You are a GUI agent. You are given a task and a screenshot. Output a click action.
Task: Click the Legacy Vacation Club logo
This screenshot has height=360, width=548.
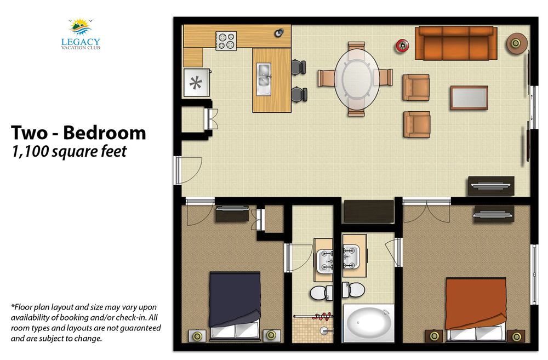pyautogui.click(x=81, y=34)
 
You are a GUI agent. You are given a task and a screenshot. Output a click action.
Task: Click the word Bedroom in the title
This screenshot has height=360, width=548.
pyautogui.click(x=105, y=133)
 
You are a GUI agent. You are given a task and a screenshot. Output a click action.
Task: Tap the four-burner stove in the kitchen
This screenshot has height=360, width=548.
pyautogui.click(x=226, y=41)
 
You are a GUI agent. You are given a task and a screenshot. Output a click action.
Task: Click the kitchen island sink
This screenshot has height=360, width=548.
pyautogui.click(x=264, y=79)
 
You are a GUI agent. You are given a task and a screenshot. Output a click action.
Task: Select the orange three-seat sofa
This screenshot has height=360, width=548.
pyautogui.click(x=456, y=43)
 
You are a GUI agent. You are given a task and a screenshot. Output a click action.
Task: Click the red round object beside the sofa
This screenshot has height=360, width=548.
pyautogui.click(x=403, y=45)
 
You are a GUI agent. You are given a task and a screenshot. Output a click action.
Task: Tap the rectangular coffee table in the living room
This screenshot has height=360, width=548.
pyautogui.click(x=469, y=98)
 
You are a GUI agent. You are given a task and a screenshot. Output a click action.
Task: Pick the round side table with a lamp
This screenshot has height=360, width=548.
pyautogui.click(x=517, y=43)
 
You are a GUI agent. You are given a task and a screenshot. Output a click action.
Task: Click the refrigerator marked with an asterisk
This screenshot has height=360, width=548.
pyautogui.click(x=196, y=83)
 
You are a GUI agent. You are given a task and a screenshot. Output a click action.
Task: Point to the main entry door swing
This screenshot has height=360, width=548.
pyautogui.click(x=189, y=170)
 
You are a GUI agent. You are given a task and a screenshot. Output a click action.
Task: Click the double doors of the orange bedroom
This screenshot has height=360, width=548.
pyautogui.click(x=426, y=212)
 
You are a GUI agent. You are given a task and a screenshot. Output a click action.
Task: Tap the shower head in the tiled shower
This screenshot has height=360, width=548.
pyautogui.click(x=324, y=329)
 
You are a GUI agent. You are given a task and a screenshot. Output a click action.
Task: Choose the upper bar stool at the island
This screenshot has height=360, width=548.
pyautogui.click(x=299, y=67)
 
